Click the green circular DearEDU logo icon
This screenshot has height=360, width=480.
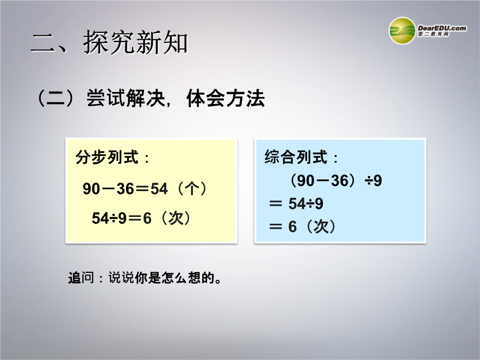402,31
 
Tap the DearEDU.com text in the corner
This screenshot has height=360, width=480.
442,28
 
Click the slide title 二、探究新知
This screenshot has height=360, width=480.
109,42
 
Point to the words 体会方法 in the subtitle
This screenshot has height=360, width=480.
225,98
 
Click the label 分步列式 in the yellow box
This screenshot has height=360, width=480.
107,157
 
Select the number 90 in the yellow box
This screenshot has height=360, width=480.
91,188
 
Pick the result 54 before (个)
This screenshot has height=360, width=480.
159,188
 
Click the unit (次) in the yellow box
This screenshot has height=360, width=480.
176,218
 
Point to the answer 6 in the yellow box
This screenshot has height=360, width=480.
147,218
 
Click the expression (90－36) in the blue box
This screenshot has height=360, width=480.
323,180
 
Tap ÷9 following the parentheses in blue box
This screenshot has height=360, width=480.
373,180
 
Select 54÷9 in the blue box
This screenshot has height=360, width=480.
305,204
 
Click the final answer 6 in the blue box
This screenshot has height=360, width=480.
292,227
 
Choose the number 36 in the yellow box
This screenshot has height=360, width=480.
125,188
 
